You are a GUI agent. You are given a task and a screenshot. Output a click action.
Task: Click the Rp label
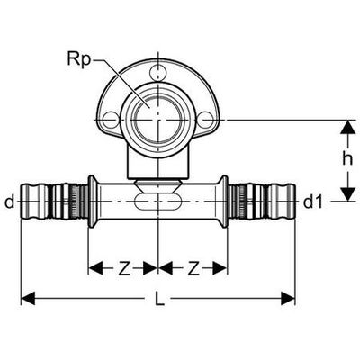[79, 59]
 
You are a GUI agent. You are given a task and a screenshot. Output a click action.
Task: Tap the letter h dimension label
[347, 160]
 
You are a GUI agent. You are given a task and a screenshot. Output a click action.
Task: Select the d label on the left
[10, 202]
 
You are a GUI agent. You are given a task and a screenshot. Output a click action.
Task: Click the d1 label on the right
[314, 202]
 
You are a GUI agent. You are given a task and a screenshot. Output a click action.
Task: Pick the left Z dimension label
[123, 268]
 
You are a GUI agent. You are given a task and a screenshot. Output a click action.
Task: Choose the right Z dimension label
[193, 268]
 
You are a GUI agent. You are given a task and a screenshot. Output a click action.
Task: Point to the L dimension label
[159, 298]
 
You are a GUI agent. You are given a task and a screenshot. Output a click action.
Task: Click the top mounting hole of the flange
[157, 72]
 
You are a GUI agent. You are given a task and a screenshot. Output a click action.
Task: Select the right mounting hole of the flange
[207, 120]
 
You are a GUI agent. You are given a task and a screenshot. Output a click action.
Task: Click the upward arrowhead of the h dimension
[347, 127]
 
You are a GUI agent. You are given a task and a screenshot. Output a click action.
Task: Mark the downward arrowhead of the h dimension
[347, 193]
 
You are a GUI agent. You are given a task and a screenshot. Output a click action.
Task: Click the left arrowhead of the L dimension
[28, 298]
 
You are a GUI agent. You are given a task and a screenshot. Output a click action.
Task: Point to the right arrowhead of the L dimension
[287, 298]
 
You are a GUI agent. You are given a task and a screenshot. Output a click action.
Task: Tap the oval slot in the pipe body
[157, 202]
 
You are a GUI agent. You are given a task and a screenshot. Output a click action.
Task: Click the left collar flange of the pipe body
[92, 202]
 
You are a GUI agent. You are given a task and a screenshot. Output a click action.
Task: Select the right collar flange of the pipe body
[224, 202]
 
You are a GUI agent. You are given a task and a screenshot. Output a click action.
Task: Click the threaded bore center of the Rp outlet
[157, 120]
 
